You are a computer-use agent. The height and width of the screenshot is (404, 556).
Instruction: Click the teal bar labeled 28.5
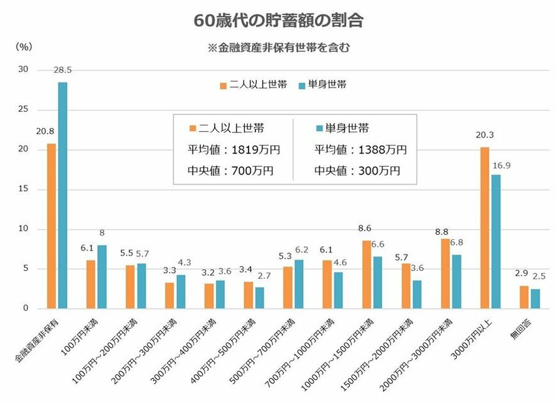pyautogui.click(x=63, y=195)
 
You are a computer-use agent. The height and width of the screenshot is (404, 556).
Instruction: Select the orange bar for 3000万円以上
pyautogui.click(x=484, y=228)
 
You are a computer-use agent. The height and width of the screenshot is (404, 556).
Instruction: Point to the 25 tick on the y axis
pyautogui.click(x=24, y=110)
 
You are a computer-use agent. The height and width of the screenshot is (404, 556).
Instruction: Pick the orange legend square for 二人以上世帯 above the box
pyautogui.click(x=223, y=84)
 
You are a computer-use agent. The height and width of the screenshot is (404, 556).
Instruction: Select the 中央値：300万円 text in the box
pyautogui.click(x=357, y=171)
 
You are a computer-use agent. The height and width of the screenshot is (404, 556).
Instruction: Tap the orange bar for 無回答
pyautogui.click(x=524, y=297)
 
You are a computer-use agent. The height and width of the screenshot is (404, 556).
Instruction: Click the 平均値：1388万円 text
pyautogui.click(x=360, y=150)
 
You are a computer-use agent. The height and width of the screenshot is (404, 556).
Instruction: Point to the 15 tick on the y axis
pyautogui.click(x=24, y=189)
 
